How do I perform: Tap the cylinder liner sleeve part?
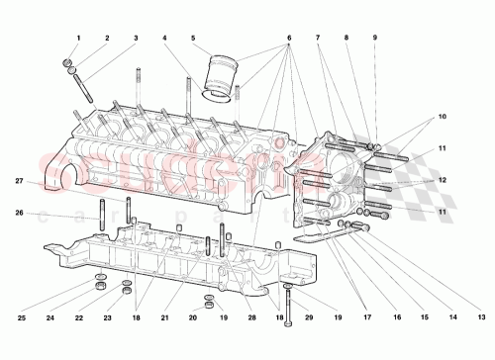(x=223, y=79)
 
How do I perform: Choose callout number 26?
(x=19, y=213)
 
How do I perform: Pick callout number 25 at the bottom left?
(x=21, y=317)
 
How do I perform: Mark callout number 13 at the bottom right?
(x=480, y=317)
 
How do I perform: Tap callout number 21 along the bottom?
(x=165, y=317)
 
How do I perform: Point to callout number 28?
(x=252, y=317)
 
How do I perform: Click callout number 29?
(x=309, y=317)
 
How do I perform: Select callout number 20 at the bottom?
(x=194, y=317)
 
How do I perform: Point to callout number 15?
(x=425, y=317)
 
